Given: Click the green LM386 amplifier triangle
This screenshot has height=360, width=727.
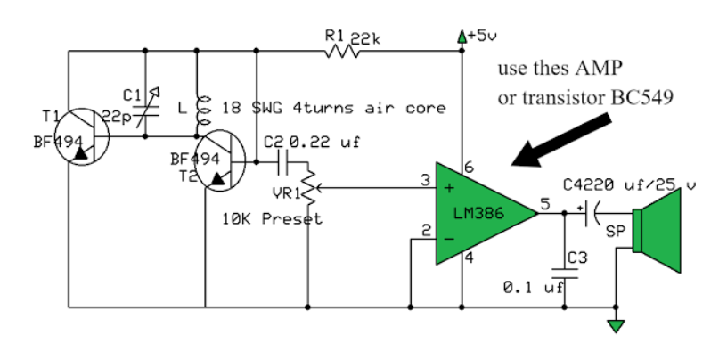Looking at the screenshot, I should pos(481,213).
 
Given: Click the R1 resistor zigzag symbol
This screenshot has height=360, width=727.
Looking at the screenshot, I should pos(342,51).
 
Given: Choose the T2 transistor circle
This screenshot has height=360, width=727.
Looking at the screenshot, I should pos(222,163).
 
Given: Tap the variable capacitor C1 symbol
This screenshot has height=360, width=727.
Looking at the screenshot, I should pos(142,113).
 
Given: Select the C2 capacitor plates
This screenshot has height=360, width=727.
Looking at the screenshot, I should pos(283,162).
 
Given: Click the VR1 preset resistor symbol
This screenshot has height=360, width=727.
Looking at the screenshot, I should pos(307,187).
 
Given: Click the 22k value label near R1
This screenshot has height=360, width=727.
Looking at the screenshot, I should pos(365,37).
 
